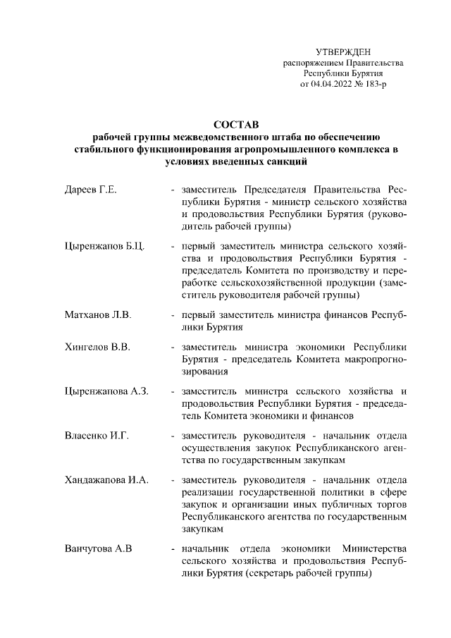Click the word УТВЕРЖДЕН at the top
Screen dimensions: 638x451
[342, 51]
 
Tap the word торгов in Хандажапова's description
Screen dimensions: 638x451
[390, 504]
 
